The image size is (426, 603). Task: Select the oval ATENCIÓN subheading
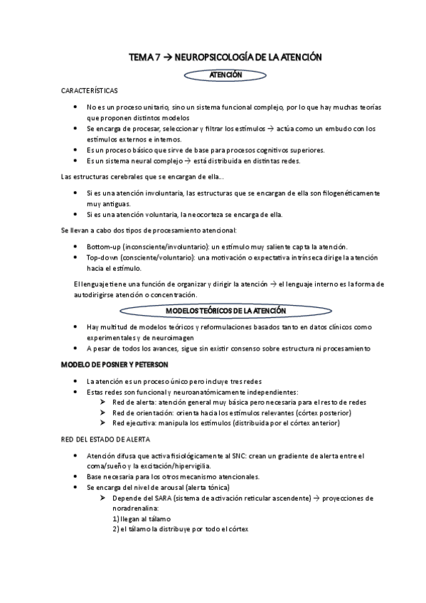[x=225, y=74]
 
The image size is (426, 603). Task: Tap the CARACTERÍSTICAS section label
[x=90, y=92]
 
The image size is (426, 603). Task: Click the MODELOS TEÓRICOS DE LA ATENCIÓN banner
[x=226, y=311]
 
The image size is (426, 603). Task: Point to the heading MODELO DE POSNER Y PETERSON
[x=115, y=364]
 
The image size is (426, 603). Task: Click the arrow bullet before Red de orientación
[x=104, y=412]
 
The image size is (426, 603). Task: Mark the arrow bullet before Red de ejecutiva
[x=104, y=423]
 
